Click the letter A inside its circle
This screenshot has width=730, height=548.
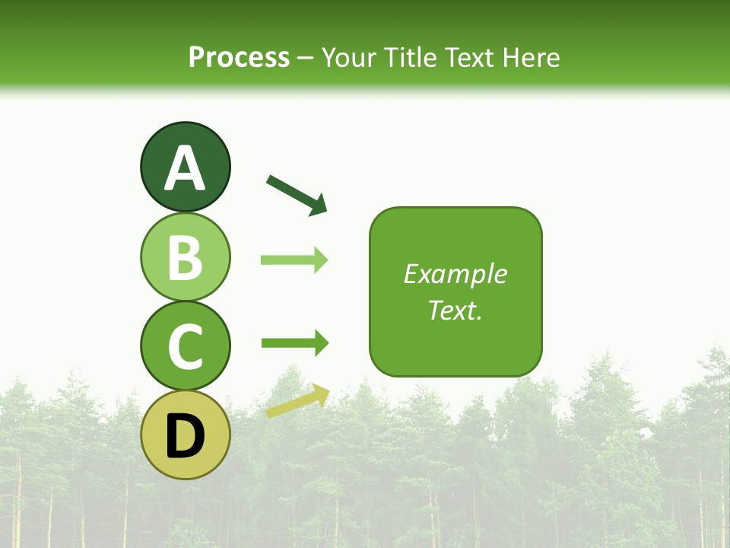185,169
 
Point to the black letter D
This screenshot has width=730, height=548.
185,437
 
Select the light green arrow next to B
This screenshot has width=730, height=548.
294,260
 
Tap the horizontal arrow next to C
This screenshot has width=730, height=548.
294,343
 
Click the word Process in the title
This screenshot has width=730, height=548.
239,57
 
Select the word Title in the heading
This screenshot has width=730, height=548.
410,57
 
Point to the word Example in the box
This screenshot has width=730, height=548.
455,274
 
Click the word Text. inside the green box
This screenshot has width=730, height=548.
455,310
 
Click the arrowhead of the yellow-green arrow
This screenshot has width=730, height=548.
320,393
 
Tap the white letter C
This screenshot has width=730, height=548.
185,346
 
